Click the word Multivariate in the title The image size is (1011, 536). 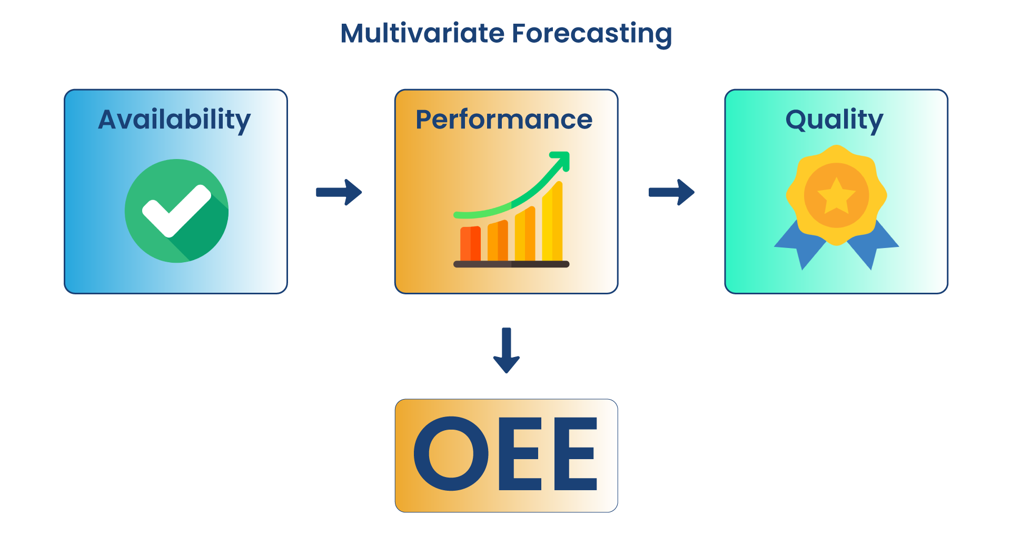pyautogui.click(x=423, y=33)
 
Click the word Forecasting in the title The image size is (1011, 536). pyautogui.click(x=592, y=34)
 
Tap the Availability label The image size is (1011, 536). pyautogui.click(x=174, y=120)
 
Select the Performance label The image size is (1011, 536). pyautogui.click(x=504, y=120)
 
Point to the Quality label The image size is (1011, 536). pyautogui.click(x=834, y=120)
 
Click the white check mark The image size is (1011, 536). pyautogui.click(x=176, y=210)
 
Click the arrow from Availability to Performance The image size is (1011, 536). pyautogui.click(x=339, y=192)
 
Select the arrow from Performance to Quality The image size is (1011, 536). pyautogui.click(x=671, y=192)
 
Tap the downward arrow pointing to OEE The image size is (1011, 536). pyautogui.click(x=506, y=351)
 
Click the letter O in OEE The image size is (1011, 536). pyautogui.click(x=452, y=454)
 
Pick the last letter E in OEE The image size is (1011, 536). pyautogui.click(x=576, y=454)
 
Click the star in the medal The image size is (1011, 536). pyautogui.click(x=836, y=195)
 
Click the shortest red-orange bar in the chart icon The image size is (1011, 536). pyautogui.click(x=470, y=244)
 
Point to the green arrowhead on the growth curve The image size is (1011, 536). pyautogui.click(x=562, y=159)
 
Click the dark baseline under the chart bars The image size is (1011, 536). pyautogui.click(x=511, y=264)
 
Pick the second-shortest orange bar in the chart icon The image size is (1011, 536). pyautogui.click(x=498, y=241)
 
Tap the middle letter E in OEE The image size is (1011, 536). pyautogui.click(x=519, y=454)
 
